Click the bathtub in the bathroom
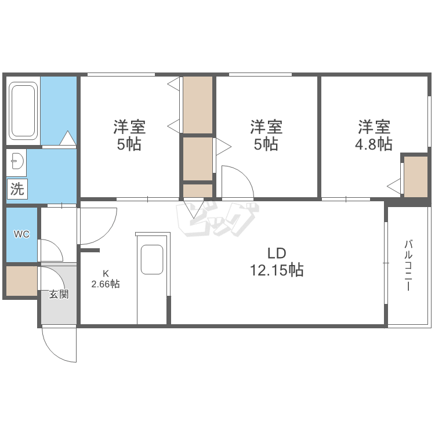tap(23, 111)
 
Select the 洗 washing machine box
tap(17, 189)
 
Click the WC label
tap(21, 234)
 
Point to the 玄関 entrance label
tap(59, 294)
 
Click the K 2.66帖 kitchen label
tap(106, 279)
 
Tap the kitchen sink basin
tap(152, 259)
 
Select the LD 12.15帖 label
tap(277, 262)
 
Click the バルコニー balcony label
tap(408, 266)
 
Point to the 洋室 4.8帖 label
tap(374, 135)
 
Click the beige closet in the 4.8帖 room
tap(416, 177)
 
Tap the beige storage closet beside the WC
tap(21, 281)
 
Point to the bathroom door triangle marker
tap(68, 137)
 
